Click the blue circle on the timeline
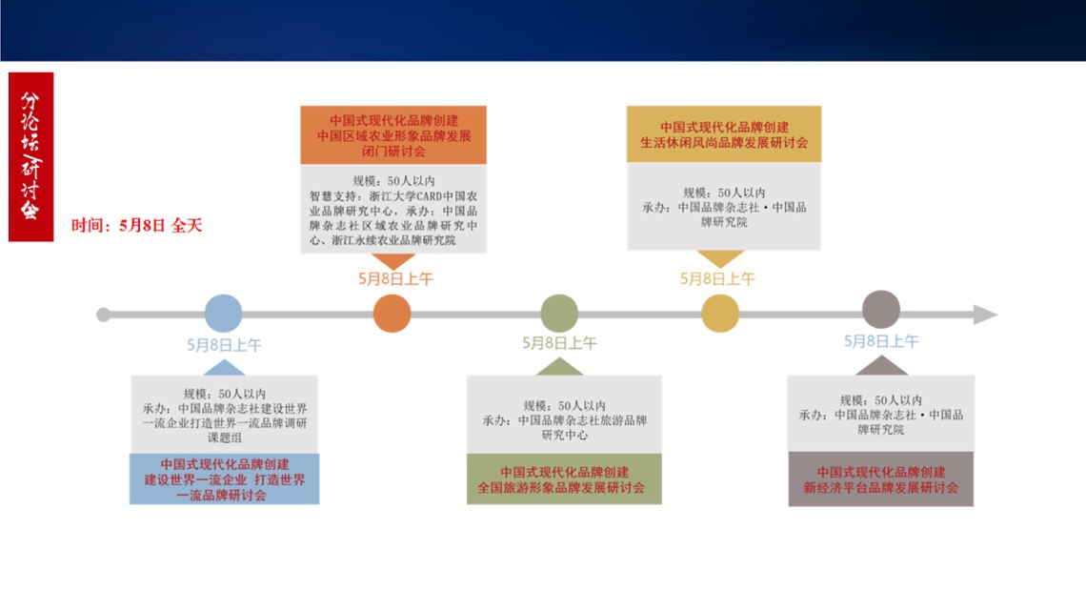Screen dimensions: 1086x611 [223, 313]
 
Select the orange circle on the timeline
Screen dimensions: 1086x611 [392, 313]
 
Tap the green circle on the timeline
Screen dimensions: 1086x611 [559, 313]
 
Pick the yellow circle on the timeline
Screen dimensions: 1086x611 [720, 313]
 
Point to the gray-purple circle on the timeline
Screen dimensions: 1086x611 [881, 309]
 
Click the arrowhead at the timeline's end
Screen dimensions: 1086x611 [985, 315]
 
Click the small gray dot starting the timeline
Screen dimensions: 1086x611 [103, 315]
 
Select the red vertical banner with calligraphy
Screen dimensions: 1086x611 [31, 157]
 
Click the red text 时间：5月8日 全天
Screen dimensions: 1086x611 [136, 225]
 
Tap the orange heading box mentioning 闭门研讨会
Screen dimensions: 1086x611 [393, 135]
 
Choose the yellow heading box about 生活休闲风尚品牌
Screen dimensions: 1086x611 [724, 134]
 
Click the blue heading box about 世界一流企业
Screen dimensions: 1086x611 [225, 479]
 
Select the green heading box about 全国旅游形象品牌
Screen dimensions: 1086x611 [564, 479]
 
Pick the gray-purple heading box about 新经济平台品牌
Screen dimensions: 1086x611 [881, 479]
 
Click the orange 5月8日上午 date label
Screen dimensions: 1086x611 [395, 278]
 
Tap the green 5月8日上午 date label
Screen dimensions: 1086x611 [559, 343]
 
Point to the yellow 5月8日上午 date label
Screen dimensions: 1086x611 [717, 278]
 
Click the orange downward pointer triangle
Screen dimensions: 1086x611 [393, 261]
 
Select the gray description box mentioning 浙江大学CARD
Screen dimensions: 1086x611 [393, 209]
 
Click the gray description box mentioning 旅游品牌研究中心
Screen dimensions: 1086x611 [564, 415]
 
